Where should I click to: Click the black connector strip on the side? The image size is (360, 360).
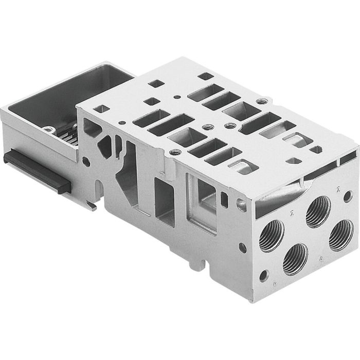(x=36, y=170)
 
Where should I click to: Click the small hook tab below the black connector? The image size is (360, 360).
(x=92, y=206)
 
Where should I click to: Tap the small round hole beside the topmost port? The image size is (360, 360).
(x=348, y=196)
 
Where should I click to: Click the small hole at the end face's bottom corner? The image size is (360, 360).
(x=264, y=276)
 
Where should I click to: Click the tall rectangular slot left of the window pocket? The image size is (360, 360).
(x=164, y=198)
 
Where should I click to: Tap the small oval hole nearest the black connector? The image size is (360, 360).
(x=86, y=161)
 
